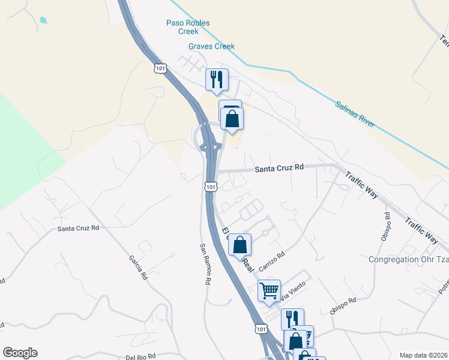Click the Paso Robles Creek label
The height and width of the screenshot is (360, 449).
tap(188, 27)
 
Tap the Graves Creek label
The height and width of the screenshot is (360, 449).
tap(211, 46)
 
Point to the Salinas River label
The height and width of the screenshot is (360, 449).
tap(354, 113)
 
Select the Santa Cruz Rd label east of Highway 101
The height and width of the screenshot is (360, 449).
tap(279, 169)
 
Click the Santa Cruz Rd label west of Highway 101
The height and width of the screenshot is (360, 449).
tap(78, 228)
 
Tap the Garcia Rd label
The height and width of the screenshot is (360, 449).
tap(137, 267)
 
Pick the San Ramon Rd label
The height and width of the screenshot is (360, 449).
tap(205, 264)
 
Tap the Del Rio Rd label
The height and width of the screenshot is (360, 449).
tap(142, 357)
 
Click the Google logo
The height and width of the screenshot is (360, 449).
tap(20, 353)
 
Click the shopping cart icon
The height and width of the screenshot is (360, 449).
tap(270, 290)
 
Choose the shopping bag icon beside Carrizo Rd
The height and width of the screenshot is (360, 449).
tap(240, 244)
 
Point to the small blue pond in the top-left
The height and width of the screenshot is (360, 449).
tap(43, 20)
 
